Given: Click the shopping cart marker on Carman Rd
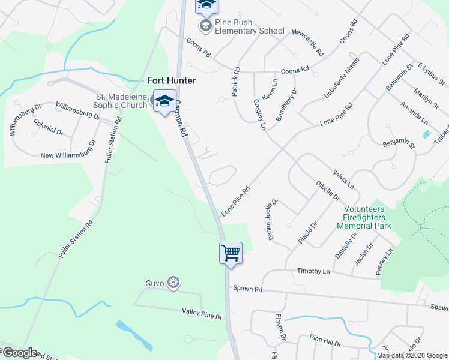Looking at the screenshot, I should pos(231,253).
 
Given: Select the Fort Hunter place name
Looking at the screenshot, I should pos(172,80).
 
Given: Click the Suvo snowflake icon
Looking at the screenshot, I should pos(173,283).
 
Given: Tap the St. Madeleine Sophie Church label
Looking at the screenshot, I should pos(122,101).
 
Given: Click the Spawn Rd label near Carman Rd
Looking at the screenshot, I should pos(249,289).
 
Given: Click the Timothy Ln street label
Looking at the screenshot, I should pos(313,271).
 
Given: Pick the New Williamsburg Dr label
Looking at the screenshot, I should pos(68,149).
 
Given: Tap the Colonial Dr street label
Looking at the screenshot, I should pos(49,127).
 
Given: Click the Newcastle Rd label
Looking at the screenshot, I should pos(308,42).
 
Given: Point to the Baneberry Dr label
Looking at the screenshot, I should pos(287,104).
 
